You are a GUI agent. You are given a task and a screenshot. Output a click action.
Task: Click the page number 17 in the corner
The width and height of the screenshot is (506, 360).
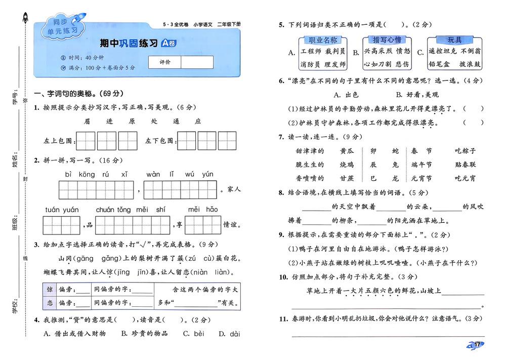click(x=477, y=345)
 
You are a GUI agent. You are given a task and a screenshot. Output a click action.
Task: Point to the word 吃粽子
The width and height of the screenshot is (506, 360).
click(x=466, y=151)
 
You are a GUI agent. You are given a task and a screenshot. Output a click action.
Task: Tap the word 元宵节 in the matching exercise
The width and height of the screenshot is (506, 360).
click(x=421, y=178)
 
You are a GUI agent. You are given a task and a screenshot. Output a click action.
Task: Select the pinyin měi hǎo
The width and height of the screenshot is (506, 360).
click(x=203, y=209)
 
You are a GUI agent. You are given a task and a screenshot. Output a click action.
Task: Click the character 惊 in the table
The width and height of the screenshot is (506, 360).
click(x=50, y=290)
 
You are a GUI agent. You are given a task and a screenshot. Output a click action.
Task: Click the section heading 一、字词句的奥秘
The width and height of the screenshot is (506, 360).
click(x=78, y=94)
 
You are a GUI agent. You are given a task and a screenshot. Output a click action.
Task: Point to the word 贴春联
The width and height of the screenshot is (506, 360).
click(x=466, y=165)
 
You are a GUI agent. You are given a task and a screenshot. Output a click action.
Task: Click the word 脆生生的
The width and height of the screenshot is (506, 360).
click(x=309, y=165)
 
